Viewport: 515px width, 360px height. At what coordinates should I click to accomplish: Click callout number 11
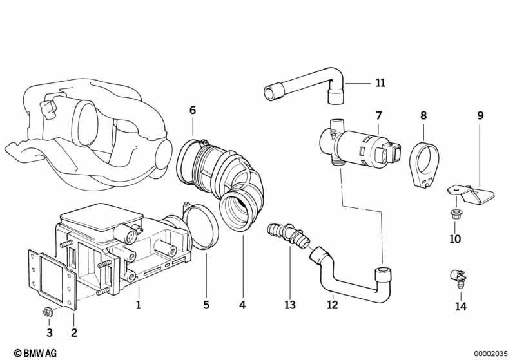tap(380, 82)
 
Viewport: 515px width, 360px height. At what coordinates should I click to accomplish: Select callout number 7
tap(379, 115)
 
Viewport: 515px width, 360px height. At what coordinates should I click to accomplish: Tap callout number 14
tap(461, 307)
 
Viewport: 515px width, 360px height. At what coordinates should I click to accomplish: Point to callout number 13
tap(290, 305)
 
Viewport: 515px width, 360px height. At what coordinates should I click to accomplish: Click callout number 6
tap(193, 110)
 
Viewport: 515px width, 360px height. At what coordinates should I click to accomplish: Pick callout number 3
tap(49, 333)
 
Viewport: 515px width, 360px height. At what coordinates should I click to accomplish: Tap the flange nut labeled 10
tap(455, 214)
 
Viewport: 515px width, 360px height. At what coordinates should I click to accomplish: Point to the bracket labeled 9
tap(471, 194)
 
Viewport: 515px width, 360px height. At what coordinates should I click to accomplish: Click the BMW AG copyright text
tap(35, 353)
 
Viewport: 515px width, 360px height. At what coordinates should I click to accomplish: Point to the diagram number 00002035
tap(491, 354)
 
